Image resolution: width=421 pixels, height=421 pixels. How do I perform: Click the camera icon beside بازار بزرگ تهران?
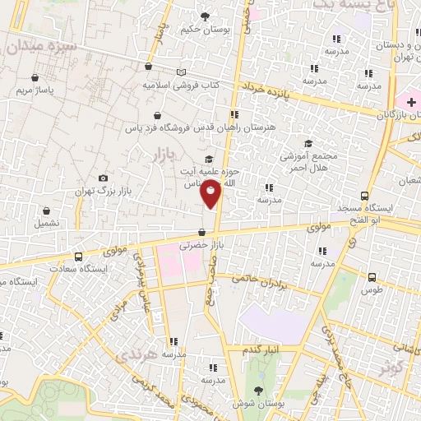click(103, 178)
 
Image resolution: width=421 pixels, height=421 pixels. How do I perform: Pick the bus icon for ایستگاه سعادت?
click(78, 256)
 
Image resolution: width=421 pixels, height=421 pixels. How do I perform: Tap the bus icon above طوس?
click(372, 277)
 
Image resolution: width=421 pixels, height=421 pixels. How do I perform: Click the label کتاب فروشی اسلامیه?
click(176, 85)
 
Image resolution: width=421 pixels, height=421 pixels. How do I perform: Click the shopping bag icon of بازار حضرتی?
click(202, 232)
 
